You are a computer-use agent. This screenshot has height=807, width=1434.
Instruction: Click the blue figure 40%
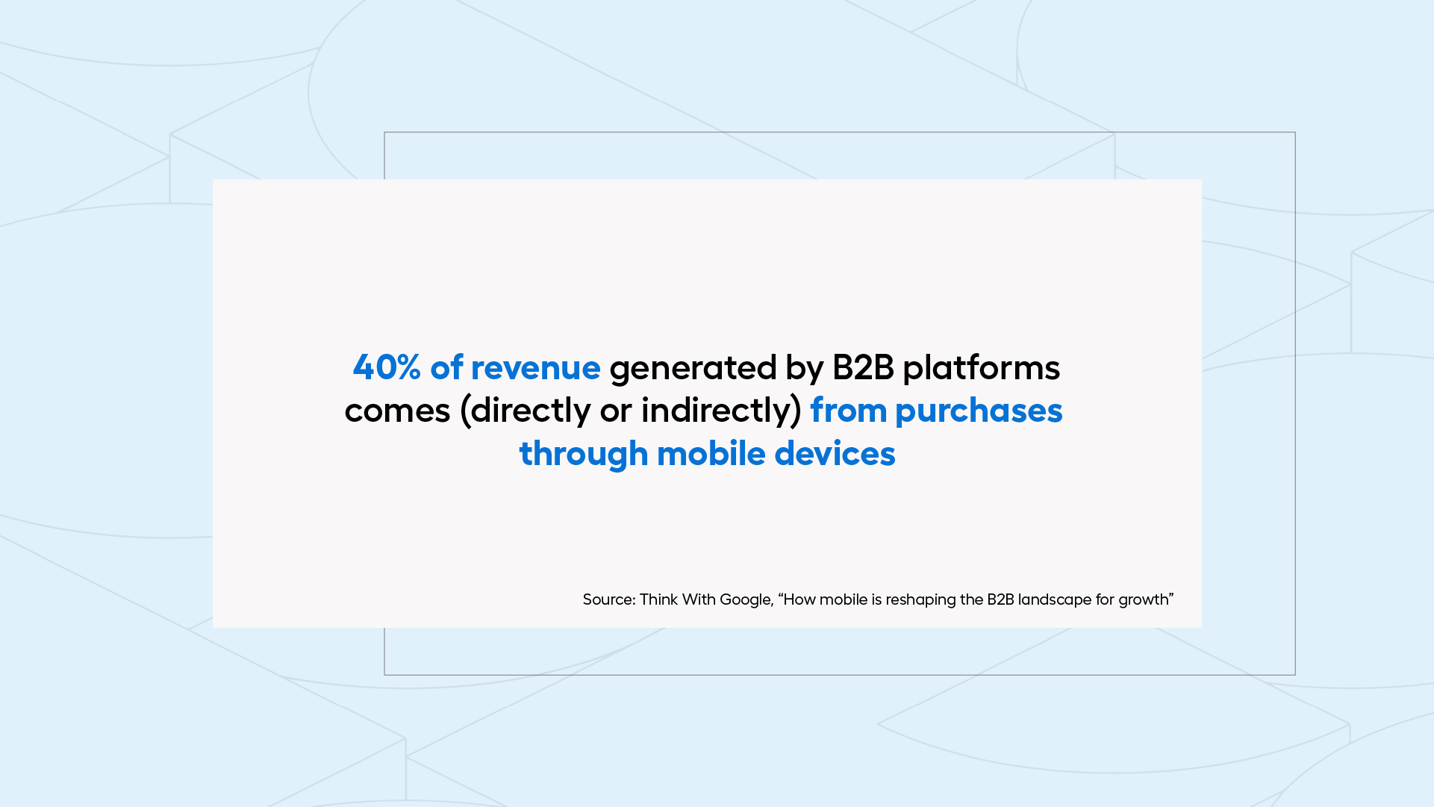coord(387,367)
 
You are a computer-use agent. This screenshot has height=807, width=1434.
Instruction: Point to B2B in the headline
coord(862,367)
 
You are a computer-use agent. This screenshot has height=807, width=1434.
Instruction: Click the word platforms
coord(981,367)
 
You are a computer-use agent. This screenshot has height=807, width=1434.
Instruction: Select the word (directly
coord(526,411)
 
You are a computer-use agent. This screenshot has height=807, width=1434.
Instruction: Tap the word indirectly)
coord(721,411)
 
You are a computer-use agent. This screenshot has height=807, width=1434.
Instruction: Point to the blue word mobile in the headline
coord(711,453)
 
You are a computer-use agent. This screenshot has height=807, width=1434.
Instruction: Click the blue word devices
coord(835,453)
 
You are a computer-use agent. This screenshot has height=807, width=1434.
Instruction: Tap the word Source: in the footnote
coord(608,599)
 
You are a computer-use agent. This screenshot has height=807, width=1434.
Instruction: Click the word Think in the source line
coord(658,599)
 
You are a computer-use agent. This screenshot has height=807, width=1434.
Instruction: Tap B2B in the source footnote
coord(1000,599)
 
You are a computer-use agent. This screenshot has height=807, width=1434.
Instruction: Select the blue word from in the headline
coord(848,411)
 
